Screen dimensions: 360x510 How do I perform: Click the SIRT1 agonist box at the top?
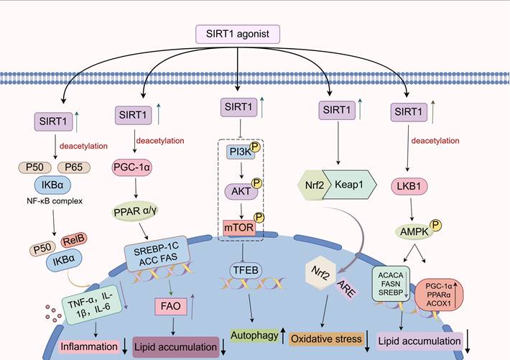click(237, 33)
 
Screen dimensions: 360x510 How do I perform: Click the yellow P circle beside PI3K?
click(255, 146)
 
